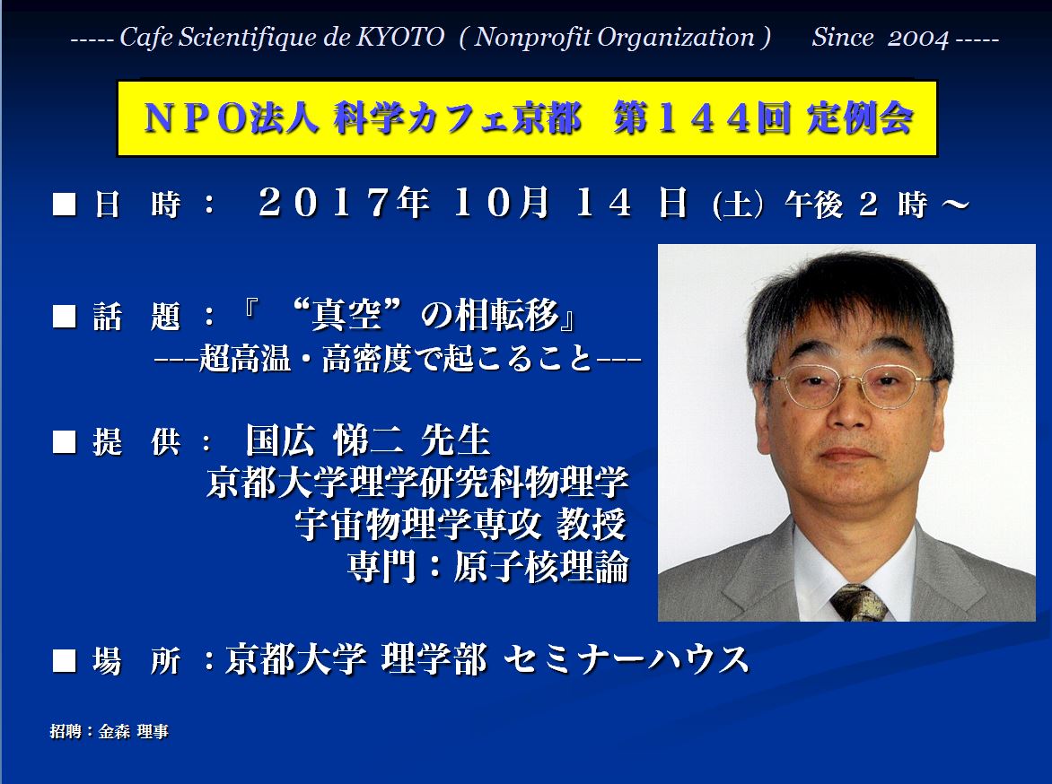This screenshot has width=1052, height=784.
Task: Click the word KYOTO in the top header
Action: pyautogui.click(x=399, y=37)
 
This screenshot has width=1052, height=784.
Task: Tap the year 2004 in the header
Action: pyautogui.click(x=918, y=38)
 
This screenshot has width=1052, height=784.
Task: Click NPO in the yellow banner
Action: pyautogui.click(x=196, y=118)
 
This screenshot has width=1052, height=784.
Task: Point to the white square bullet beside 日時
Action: pyautogui.click(x=65, y=204)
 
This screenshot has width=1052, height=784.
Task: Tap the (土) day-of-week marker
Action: pyautogui.click(x=738, y=205)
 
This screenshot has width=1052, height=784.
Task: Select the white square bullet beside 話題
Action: pyautogui.click(x=65, y=316)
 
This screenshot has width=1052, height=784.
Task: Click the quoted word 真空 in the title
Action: pyautogui.click(x=346, y=314)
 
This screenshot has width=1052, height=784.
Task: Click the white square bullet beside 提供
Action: pyautogui.click(x=65, y=442)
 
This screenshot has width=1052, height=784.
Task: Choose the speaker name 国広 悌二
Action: pyautogui.click(x=326, y=440)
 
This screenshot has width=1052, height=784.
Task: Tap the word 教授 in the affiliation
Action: pyautogui.click(x=592, y=524)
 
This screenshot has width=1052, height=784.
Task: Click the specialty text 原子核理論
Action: pyautogui.click(x=540, y=567)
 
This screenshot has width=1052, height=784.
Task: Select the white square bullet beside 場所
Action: pyautogui.click(x=65, y=660)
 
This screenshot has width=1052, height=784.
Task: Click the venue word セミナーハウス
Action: pyautogui.click(x=626, y=659)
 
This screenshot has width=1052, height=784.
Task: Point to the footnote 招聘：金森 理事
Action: pyautogui.click(x=109, y=731)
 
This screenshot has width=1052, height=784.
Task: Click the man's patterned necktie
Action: pyautogui.click(x=858, y=602)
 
